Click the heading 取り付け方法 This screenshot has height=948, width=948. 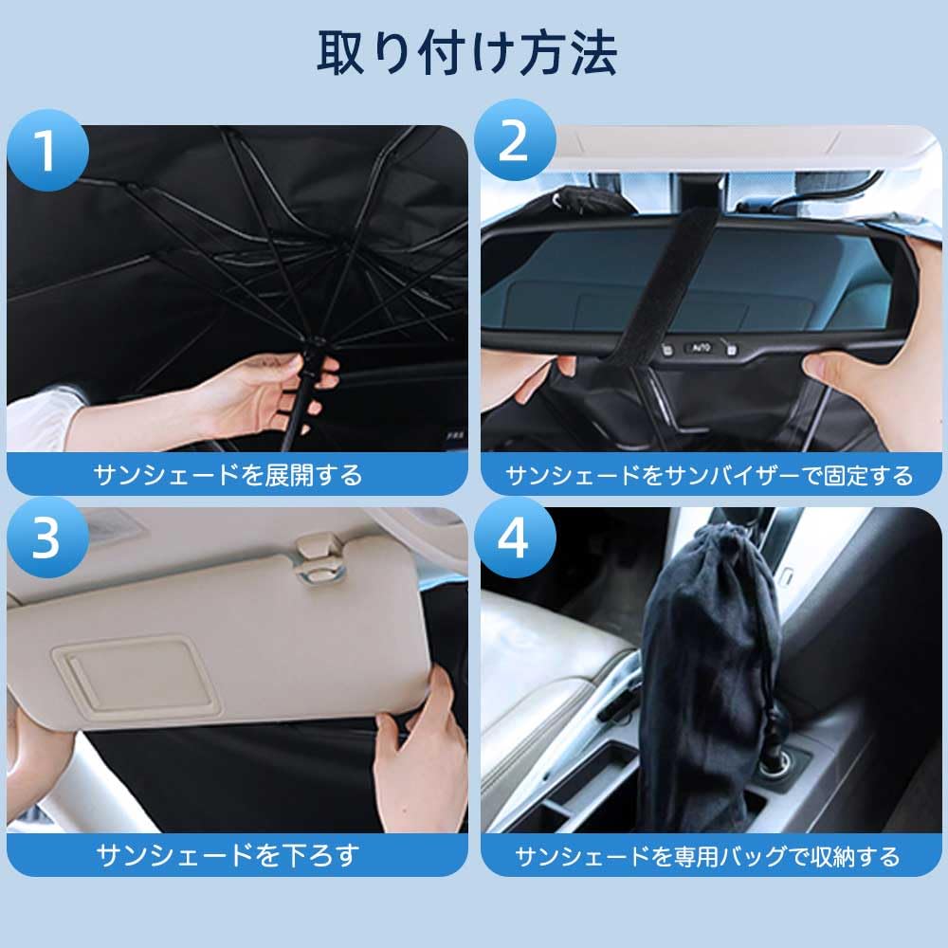[466, 54]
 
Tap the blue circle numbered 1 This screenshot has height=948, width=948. [46, 152]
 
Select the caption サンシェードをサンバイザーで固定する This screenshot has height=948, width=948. [709, 475]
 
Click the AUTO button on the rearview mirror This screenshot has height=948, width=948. [699, 348]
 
